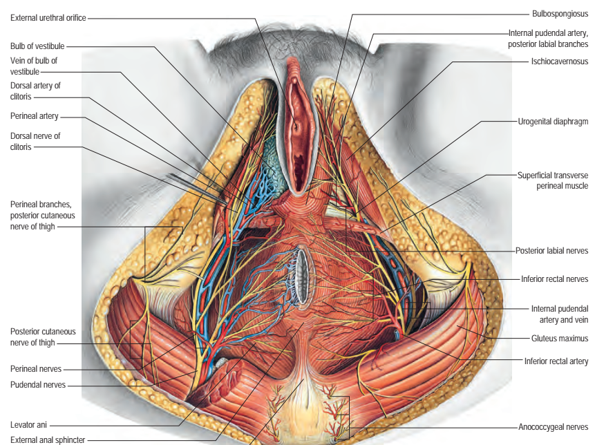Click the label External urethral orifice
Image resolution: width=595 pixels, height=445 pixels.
tap(48, 17)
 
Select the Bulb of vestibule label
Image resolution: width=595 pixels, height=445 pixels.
tap(37, 46)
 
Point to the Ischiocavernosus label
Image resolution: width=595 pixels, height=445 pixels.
tap(560, 61)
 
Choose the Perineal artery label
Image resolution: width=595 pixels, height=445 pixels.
tap(35, 115)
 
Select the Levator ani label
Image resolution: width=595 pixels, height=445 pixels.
tap(28, 424)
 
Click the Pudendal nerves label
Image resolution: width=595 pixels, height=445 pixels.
tap(38, 385)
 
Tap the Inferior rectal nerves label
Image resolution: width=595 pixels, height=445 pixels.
tap(554, 279)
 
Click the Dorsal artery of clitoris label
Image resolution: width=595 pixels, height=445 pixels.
tap(35, 91)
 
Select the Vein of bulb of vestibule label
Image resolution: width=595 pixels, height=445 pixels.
tap(34, 66)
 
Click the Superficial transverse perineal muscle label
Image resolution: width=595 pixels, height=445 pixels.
tap(553, 180)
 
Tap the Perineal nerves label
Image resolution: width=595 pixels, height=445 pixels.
tap(36, 368)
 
